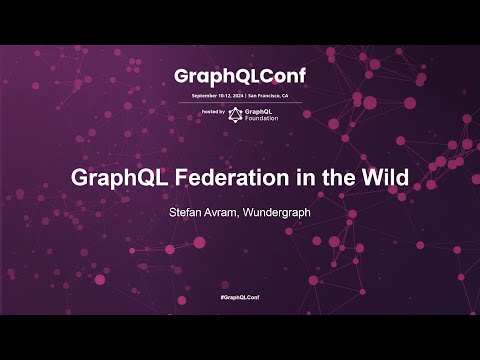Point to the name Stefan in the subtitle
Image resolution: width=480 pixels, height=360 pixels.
[x=191, y=212]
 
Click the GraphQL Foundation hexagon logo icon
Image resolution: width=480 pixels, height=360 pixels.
[x=236, y=113]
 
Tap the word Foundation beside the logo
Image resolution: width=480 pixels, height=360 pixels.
[x=263, y=118]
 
